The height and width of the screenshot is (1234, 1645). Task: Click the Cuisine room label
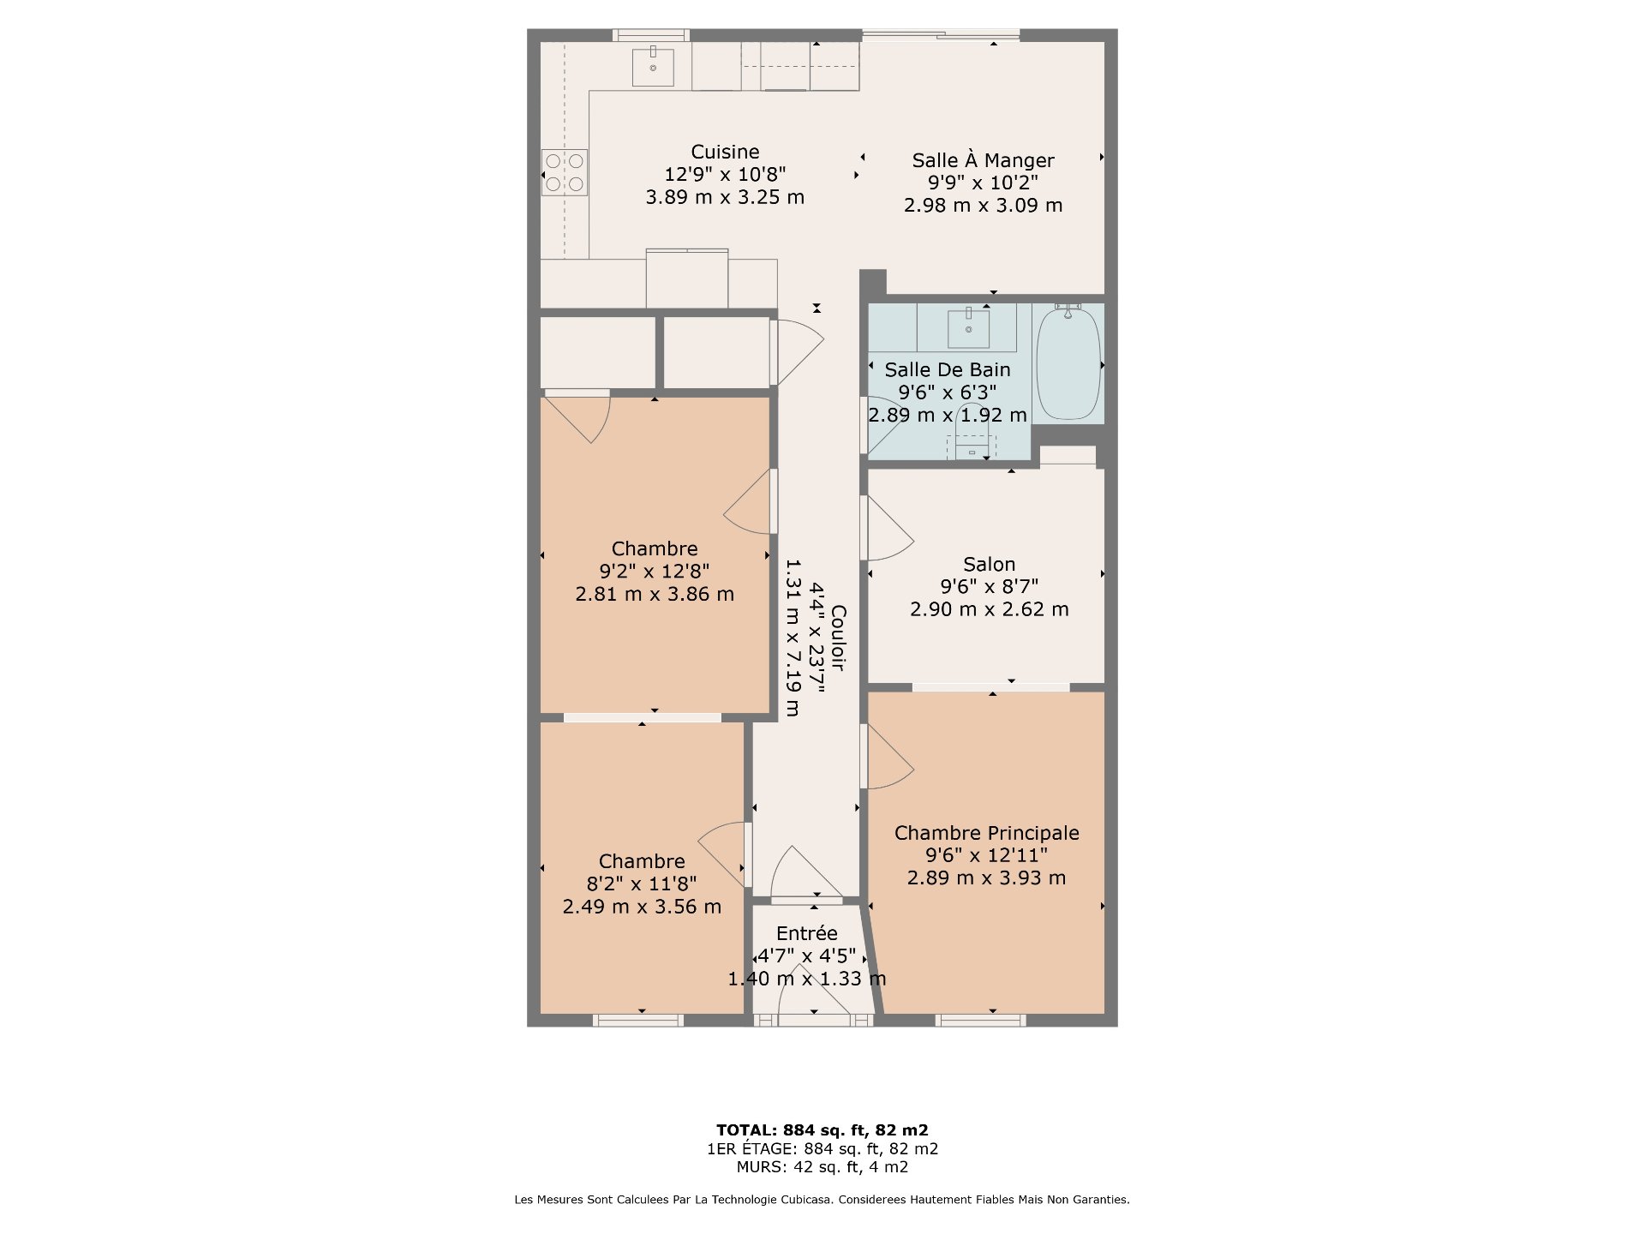coord(725,152)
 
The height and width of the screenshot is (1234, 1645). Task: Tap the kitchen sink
coord(653,67)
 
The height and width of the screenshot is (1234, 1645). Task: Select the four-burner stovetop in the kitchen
coord(565,172)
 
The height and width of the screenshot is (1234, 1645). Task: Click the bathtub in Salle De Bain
coord(1068,362)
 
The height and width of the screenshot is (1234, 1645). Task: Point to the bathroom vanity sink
coord(969,328)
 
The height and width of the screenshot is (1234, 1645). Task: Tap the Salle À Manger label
coord(983,160)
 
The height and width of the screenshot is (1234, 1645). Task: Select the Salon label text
coord(989,564)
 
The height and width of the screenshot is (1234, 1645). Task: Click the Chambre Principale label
coord(986,833)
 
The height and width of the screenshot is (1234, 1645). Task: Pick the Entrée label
coord(806,933)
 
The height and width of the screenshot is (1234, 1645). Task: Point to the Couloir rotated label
coord(839,638)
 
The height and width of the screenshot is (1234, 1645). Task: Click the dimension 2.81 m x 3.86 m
coord(655,594)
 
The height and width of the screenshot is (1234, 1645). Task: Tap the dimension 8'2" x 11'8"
coord(642,884)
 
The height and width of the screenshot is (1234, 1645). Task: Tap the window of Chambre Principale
coord(980,1020)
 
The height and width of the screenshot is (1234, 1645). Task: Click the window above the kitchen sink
coord(651,35)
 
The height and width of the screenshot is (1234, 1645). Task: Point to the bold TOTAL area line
coord(822,1130)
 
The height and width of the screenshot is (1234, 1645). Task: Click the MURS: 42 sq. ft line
coord(822,1167)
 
